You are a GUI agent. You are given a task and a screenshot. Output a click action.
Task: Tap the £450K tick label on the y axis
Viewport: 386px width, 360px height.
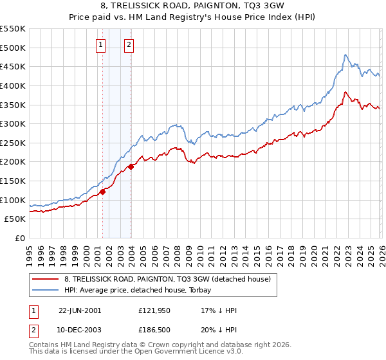[13, 66]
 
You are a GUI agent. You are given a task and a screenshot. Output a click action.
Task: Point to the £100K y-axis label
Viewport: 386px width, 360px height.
[13, 200]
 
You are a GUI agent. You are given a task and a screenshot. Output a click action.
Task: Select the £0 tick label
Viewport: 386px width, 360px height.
[19, 239]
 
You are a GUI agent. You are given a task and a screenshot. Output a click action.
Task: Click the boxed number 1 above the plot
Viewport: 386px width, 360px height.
[102, 45]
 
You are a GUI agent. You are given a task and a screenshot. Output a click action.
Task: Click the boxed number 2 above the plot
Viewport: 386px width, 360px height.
[129, 45]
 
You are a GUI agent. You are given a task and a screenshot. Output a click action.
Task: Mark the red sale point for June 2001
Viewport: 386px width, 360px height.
[102, 191]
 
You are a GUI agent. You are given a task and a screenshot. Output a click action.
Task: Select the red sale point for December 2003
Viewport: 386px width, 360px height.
[131, 166]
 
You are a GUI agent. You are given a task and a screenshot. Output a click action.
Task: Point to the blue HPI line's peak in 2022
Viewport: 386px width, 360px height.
[345, 55]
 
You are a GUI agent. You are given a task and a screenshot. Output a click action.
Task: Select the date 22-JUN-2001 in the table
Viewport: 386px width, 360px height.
[80, 310]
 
